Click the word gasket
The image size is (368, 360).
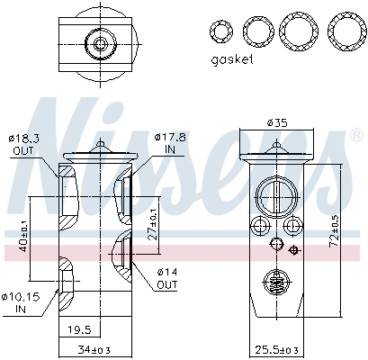pos(232,60)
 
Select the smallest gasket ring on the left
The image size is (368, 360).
pos(220,33)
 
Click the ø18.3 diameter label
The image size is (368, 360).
pos(26,138)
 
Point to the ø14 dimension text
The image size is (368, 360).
pos(166,271)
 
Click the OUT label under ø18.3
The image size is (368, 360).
pos(24,150)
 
